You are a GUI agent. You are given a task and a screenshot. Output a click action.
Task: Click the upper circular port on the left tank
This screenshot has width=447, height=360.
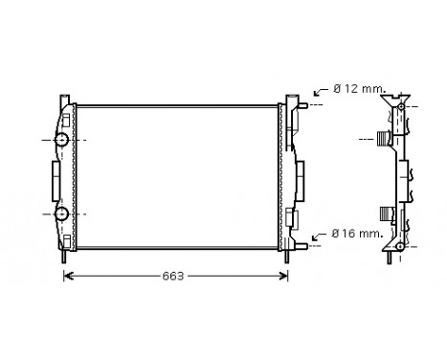[x=62, y=141]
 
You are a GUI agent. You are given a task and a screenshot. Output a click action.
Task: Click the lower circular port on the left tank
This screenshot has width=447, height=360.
[x=62, y=213]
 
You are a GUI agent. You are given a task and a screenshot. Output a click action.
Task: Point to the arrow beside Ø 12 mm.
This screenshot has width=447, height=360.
[x=321, y=94]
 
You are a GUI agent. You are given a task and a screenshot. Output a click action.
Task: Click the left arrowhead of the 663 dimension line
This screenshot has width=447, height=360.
[x=68, y=277]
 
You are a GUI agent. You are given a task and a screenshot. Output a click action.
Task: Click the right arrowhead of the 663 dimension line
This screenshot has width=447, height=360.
[x=283, y=277]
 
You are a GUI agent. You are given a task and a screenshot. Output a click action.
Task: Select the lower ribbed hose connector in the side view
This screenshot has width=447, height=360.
[x=386, y=213]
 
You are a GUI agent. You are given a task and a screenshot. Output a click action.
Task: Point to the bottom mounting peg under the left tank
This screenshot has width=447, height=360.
[x=64, y=257]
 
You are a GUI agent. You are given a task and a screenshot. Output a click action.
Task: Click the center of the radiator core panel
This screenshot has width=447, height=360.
[x=177, y=175]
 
